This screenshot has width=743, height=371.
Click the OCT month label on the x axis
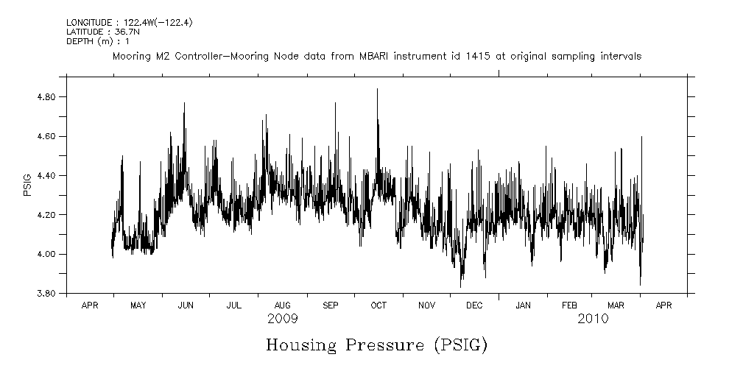point(378,305)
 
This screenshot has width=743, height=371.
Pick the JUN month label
point(186,305)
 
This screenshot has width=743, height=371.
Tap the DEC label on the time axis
point(474,305)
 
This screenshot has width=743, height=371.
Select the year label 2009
point(283,319)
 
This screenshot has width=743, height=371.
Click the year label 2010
point(593,319)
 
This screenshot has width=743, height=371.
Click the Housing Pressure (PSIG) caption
point(376,344)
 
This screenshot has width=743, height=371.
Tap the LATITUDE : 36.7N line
point(99,32)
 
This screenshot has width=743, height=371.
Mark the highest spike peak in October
point(377,89)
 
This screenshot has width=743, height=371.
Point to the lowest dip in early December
point(461,286)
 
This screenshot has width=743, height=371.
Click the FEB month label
point(570,305)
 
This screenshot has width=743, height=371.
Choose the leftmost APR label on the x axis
point(89,305)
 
